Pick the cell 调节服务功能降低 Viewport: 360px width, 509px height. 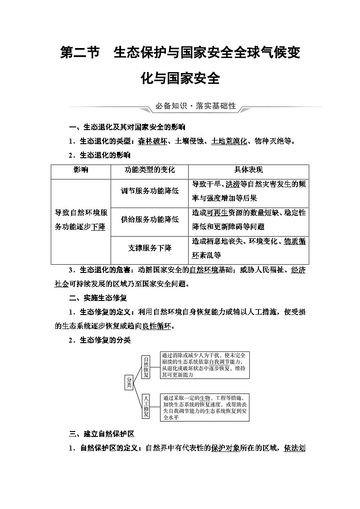coord(150,191)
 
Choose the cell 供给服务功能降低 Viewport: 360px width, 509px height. coord(150,219)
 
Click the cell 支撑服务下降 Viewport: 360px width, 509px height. coord(150,248)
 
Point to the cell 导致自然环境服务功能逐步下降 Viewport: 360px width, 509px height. coord(81,219)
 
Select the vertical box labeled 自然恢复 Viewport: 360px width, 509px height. coord(146,367)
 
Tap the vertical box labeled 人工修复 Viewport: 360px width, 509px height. coord(146,406)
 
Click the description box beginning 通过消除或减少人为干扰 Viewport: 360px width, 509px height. coord(204,365)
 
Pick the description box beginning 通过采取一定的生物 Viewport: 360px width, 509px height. coord(204,407)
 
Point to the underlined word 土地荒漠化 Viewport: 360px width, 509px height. coord(229,141)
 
